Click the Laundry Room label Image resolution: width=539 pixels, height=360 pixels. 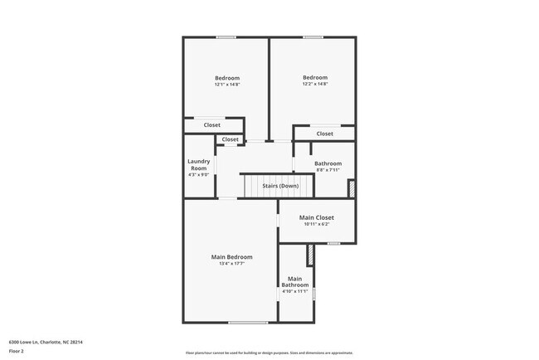click(x=198, y=164)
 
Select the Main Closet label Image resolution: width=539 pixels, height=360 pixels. click(x=317, y=218)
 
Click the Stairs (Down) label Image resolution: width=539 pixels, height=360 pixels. click(x=280, y=186)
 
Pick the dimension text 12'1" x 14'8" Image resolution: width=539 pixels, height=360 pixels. click(x=226, y=85)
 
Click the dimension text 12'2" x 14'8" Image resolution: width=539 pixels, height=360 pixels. click(x=315, y=84)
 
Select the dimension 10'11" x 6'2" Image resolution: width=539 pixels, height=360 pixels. click(x=317, y=225)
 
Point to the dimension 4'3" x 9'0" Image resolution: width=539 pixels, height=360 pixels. click(x=198, y=174)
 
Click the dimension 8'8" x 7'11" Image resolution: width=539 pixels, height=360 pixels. click(x=328, y=170)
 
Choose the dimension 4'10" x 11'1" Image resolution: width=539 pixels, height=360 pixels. click(x=294, y=291)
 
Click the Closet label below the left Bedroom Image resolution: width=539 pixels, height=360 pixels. click(x=212, y=125)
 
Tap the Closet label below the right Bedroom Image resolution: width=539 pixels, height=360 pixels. click(x=324, y=134)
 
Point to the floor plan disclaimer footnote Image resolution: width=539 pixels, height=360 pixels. click(x=269, y=353)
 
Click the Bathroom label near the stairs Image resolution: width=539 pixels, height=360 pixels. click(x=328, y=163)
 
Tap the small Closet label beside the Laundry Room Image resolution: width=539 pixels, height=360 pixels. click(x=230, y=139)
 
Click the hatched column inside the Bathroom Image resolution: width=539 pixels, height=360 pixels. click(x=351, y=188)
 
